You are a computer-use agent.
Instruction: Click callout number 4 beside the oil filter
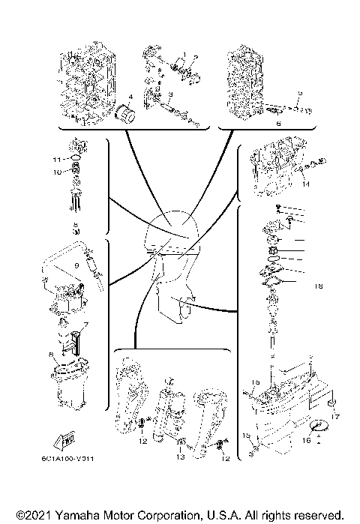[x=130, y=97]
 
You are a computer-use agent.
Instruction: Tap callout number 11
[x=55, y=160]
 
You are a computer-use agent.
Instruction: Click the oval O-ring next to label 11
[x=75, y=159]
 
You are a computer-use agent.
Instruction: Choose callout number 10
[x=55, y=172]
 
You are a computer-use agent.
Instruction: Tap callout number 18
[x=318, y=286]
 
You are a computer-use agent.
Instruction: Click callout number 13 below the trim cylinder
[x=179, y=457]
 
